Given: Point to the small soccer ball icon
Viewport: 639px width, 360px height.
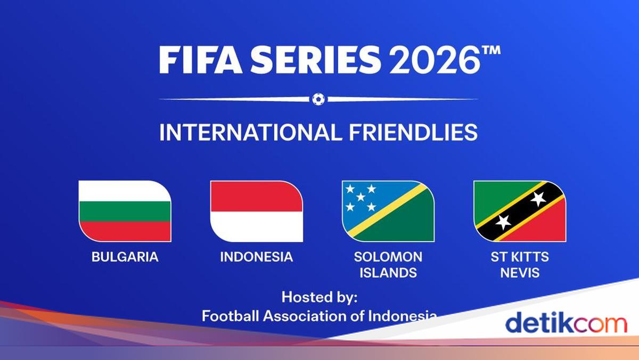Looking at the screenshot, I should coord(318,99).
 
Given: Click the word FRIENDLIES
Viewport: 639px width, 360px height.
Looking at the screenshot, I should coord(413,133).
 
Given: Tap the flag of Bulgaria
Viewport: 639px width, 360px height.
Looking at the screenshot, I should coord(125,211).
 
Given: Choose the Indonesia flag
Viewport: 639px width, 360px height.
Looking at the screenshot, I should coord(256,211).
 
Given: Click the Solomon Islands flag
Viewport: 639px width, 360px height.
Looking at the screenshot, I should coord(388,211).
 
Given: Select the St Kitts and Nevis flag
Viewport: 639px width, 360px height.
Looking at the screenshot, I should coord(519,211).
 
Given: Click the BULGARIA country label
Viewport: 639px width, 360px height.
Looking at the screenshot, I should coord(125,257).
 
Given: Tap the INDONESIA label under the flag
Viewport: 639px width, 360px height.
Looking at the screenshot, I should coord(256,257).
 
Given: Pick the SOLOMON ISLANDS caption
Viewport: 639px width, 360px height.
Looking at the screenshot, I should coord(388,265).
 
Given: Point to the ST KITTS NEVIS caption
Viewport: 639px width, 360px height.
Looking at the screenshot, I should coord(519,265).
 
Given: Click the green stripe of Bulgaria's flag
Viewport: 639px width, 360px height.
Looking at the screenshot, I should coord(125,211).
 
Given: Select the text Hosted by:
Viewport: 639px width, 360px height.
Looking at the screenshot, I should coord(319,297).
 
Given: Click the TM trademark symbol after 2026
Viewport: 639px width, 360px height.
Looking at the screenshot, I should coord(491,51).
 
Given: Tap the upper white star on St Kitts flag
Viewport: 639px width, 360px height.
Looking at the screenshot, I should coord(538,199).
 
